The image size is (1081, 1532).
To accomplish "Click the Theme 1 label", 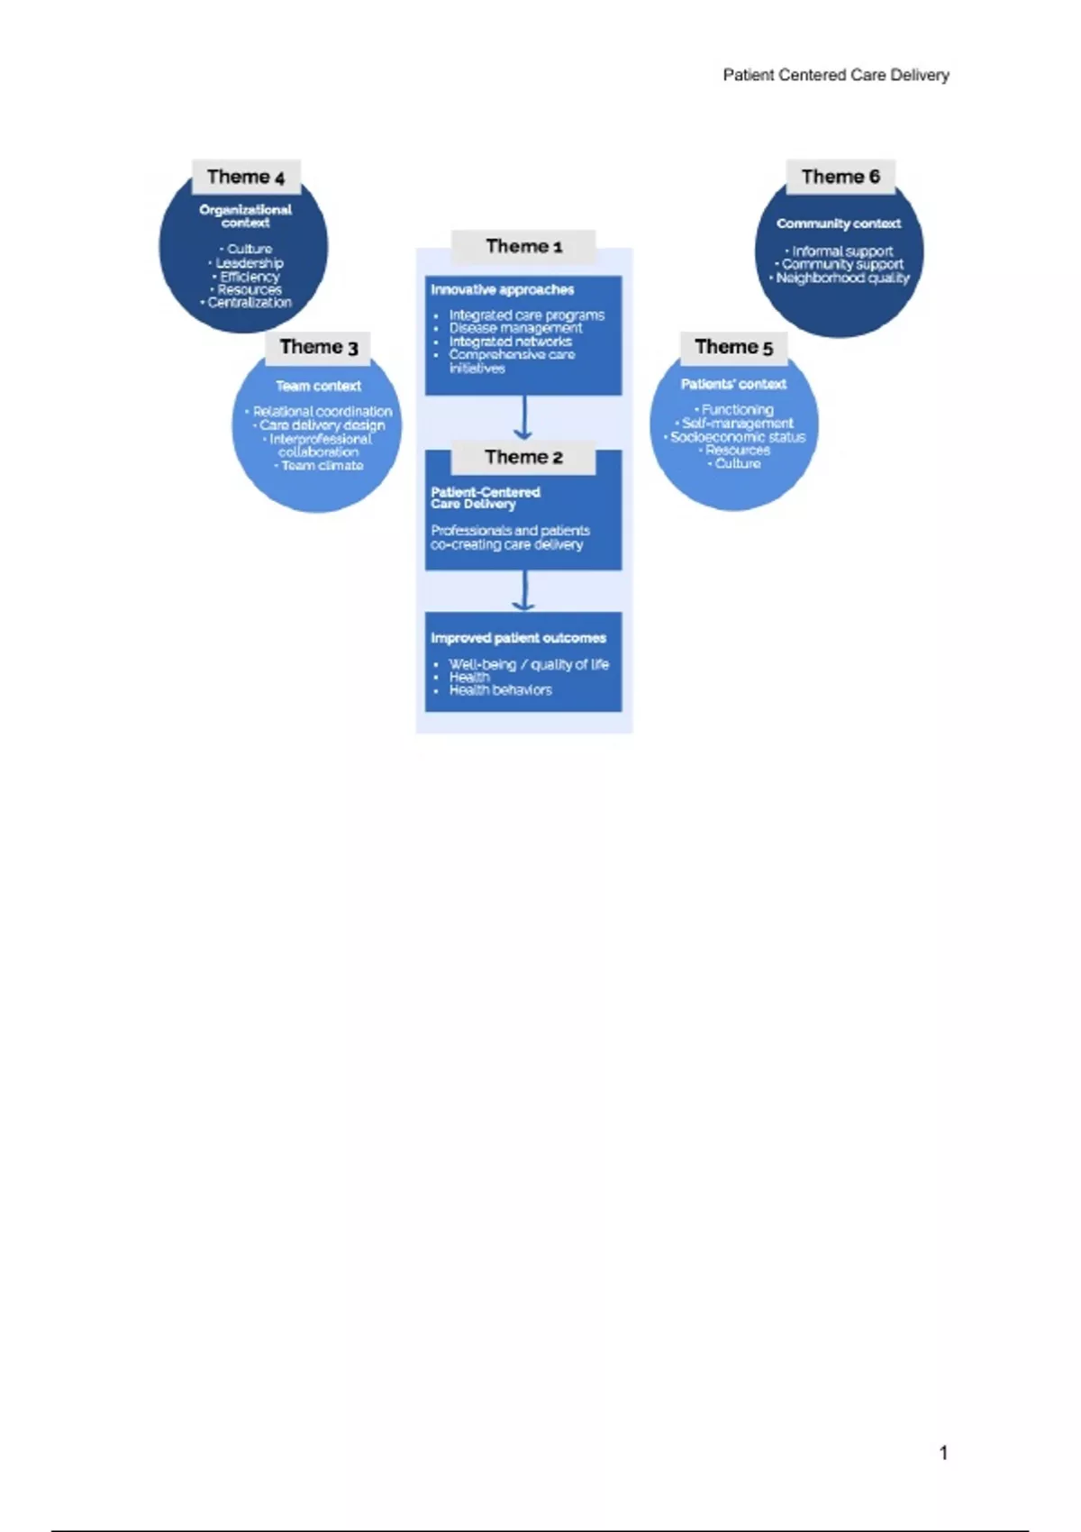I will pyautogui.click(x=523, y=246).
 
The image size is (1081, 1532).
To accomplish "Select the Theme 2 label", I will pyautogui.click(x=523, y=457).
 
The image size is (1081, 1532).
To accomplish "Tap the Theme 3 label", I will pyautogui.click(x=318, y=347).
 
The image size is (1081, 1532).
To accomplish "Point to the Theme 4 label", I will pyautogui.click(x=245, y=177).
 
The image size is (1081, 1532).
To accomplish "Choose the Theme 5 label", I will pyautogui.click(x=733, y=347).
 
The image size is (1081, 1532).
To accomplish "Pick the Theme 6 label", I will pyautogui.click(x=840, y=177).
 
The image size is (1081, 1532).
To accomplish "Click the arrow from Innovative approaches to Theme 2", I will pyautogui.click(x=523, y=420).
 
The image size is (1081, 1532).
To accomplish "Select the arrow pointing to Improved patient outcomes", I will pyautogui.click(x=523, y=591).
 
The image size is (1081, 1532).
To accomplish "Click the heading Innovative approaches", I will pyautogui.click(x=502, y=289).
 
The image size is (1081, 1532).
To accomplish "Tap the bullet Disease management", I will pyautogui.click(x=515, y=328).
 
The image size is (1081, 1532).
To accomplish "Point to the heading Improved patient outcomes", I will pyautogui.click(x=518, y=638).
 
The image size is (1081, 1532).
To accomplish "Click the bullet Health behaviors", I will pyautogui.click(x=500, y=690).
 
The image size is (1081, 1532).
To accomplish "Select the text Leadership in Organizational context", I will pyautogui.click(x=249, y=263).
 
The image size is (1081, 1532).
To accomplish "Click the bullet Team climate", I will pyautogui.click(x=322, y=466).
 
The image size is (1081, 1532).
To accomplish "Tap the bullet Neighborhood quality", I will pyautogui.click(x=842, y=278).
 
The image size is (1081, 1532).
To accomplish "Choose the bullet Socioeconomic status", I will pyautogui.click(x=737, y=437).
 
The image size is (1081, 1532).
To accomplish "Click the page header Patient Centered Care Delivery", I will pyautogui.click(x=835, y=75).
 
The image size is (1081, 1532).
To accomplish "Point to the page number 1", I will pyautogui.click(x=943, y=1453).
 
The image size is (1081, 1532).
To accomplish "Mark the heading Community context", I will pyautogui.click(x=838, y=223).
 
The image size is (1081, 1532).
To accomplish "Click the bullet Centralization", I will pyautogui.click(x=249, y=303).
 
